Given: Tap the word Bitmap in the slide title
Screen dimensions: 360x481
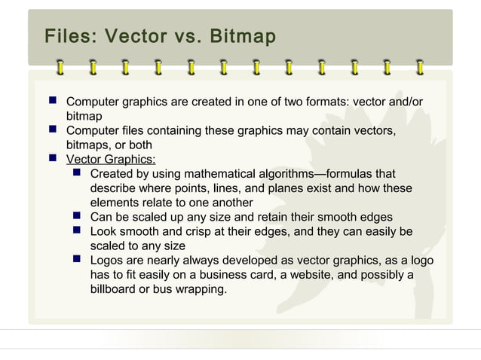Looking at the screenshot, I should (x=243, y=36).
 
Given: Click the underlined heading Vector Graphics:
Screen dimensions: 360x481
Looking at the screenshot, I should (x=111, y=159).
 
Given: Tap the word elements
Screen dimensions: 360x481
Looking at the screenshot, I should (x=115, y=203).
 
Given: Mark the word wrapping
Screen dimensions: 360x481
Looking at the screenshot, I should (x=200, y=288).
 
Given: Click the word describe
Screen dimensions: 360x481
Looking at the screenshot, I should (x=115, y=188).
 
